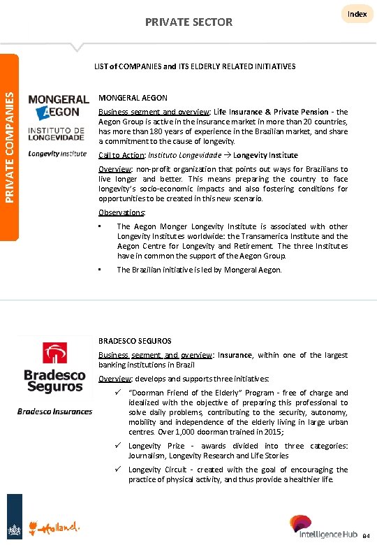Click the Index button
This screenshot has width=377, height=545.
[x=357, y=14]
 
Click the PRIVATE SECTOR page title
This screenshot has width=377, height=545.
[x=188, y=22]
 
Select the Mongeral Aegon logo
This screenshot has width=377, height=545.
[x=59, y=107]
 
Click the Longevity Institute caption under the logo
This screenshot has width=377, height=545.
[x=58, y=154]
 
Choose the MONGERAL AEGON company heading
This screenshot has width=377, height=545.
[x=133, y=99]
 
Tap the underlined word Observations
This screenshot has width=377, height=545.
[x=122, y=212]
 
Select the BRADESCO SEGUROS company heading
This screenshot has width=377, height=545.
[x=135, y=341]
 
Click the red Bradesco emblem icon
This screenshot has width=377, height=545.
[x=54, y=353]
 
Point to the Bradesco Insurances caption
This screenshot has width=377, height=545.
[x=54, y=411]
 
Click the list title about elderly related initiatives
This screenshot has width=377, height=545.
[x=195, y=66]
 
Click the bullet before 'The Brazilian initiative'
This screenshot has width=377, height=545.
[x=101, y=270]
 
